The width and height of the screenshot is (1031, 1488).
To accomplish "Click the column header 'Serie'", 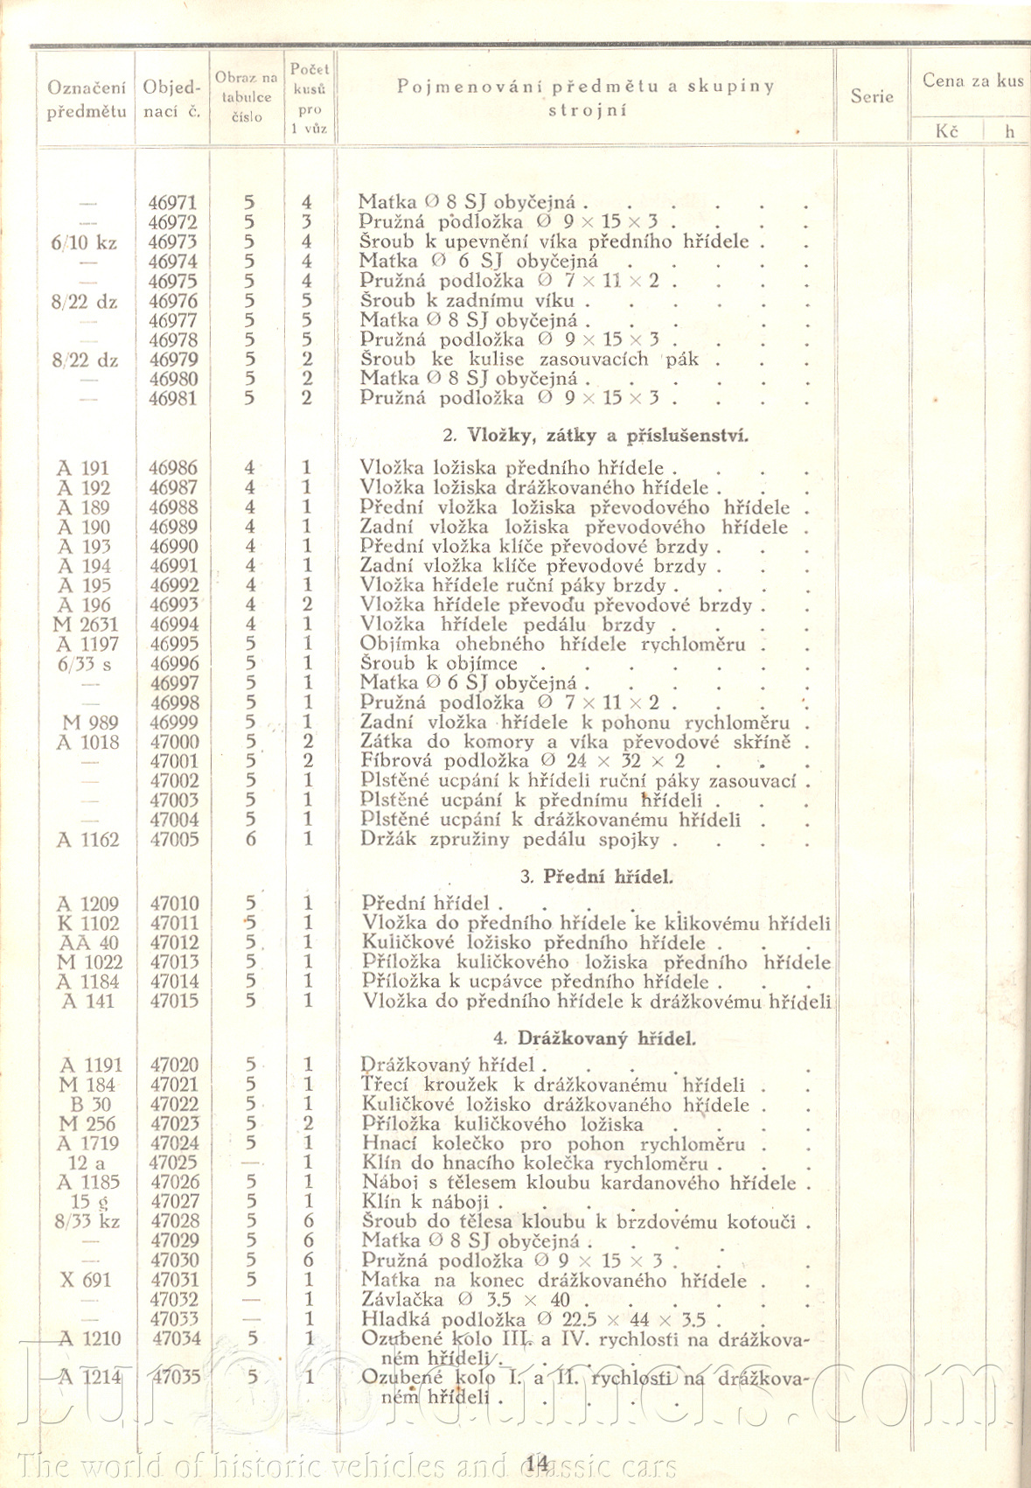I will pos(872,96).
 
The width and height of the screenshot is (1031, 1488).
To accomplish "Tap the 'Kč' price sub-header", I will pos(946,131).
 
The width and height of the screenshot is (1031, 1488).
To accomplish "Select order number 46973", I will pos(172,242).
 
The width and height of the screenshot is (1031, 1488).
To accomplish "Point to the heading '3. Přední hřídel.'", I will pos(596,877).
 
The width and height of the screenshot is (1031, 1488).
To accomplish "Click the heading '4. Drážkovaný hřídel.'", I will pos(595,1038).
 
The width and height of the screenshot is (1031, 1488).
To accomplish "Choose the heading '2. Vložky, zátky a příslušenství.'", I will pos(596,435).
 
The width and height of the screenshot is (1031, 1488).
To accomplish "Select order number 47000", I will pos(174,742).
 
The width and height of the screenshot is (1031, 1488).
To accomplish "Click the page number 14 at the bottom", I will pos(537,1463).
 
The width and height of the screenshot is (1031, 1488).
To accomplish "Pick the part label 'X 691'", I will pos(86,1280).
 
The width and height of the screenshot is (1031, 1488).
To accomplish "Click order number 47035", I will pos(176,1376).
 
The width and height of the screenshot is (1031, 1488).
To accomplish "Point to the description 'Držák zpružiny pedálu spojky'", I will pos(520,840).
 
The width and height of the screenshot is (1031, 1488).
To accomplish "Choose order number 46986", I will pos(172,468).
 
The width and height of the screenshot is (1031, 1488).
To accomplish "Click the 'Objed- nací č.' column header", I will pos(172,99).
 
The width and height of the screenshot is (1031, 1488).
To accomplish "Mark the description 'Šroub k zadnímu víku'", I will pos(468,301).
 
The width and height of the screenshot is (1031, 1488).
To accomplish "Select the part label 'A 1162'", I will pos(87,840).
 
